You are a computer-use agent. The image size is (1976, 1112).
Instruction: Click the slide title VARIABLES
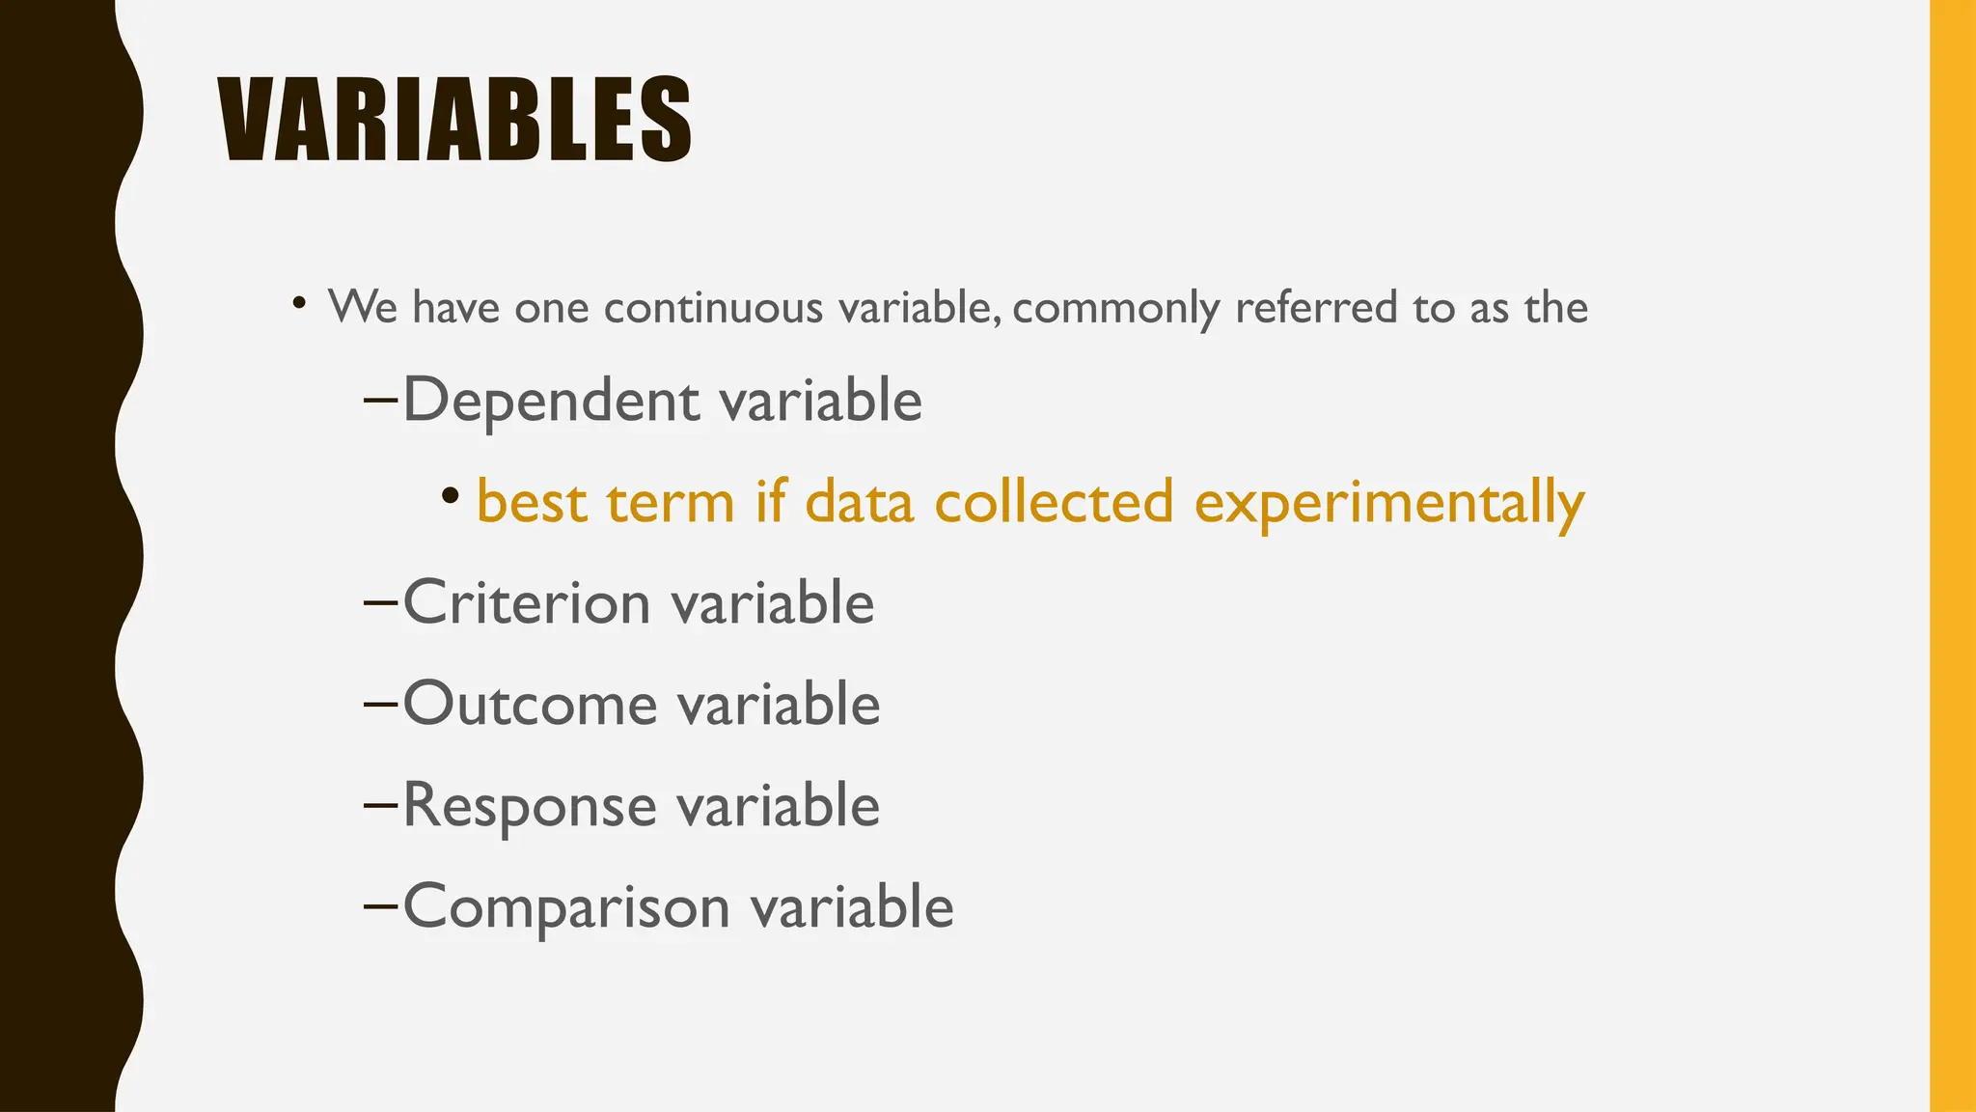[453, 120]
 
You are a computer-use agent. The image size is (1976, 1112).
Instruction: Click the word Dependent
[550, 401]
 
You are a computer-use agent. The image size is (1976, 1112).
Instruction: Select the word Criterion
[526, 603]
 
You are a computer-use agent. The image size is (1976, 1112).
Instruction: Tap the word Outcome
[529, 705]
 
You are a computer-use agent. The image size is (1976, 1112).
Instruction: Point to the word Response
[529, 806]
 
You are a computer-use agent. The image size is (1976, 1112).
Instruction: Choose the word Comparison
[565, 907]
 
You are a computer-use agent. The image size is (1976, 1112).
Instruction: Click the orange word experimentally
[1389, 504]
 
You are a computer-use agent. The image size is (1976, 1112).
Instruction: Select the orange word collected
[1054, 502]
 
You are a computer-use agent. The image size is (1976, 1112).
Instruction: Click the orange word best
[532, 502]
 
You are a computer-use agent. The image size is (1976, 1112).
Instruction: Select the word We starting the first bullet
[362, 308]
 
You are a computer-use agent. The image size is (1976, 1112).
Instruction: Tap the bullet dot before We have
[300, 303]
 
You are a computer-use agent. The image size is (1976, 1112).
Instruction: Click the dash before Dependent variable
[381, 401]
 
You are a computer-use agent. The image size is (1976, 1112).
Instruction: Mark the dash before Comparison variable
[381, 907]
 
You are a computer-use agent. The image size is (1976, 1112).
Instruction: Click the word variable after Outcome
[778, 705]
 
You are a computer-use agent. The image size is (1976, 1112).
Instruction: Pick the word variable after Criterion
[772, 603]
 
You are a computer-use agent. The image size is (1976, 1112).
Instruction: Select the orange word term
[671, 502]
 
